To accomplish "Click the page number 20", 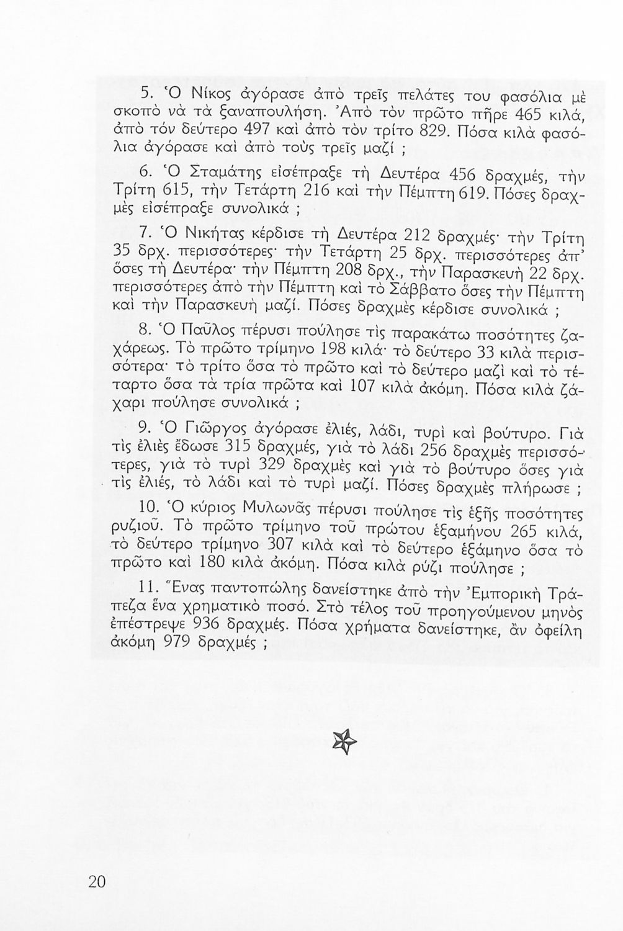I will click(x=98, y=882).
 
